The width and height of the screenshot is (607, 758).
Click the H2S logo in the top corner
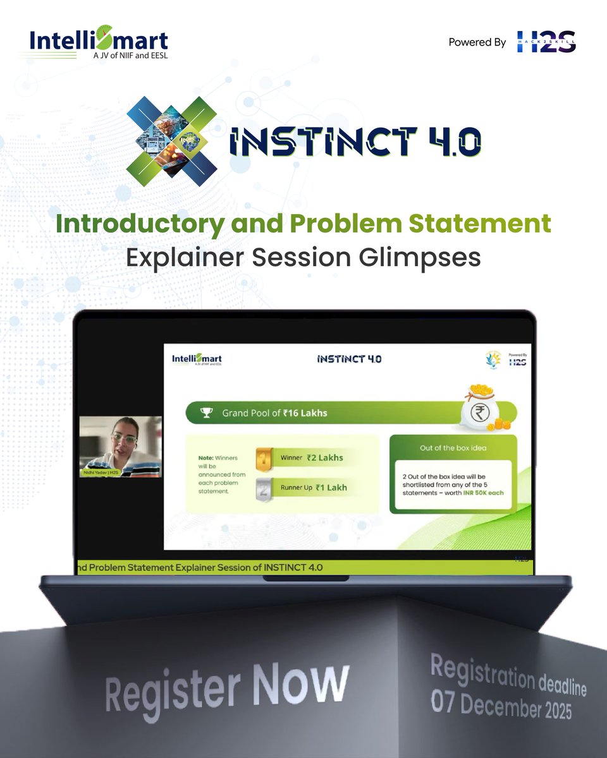(546, 42)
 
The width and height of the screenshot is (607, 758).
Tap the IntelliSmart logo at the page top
(99, 43)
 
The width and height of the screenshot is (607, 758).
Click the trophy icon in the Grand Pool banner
(205, 414)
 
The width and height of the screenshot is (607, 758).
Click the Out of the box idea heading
(453, 448)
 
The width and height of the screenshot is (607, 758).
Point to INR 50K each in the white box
(478, 492)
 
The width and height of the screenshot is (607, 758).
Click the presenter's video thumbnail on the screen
(120, 446)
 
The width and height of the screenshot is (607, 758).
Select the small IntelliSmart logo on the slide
(197, 359)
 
